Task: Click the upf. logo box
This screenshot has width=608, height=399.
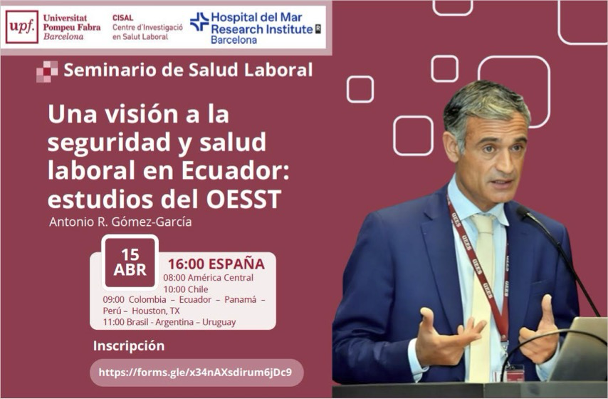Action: click(x=21, y=27)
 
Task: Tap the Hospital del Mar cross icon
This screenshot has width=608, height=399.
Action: click(x=199, y=22)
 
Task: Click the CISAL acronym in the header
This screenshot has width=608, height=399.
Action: click(x=123, y=18)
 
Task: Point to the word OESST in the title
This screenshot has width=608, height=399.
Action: click(x=244, y=199)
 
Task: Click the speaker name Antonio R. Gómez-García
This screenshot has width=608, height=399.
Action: click(x=120, y=222)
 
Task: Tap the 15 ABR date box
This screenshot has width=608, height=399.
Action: click(x=130, y=262)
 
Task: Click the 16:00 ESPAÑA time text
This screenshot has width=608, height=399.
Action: click(x=216, y=264)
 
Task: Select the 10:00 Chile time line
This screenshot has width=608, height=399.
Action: click(x=186, y=289)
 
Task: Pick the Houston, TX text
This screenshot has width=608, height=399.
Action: click(x=156, y=311)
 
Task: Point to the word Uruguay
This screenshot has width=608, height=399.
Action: click(x=219, y=322)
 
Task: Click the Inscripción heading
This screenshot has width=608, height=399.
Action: click(x=129, y=346)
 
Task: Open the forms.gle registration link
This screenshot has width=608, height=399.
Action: click(x=195, y=373)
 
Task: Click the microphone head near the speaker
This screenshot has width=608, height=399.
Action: click(x=524, y=212)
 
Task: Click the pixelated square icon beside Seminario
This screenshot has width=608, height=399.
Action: click(x=47, y=71)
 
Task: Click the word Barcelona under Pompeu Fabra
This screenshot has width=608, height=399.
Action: click(x=63, y=37)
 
